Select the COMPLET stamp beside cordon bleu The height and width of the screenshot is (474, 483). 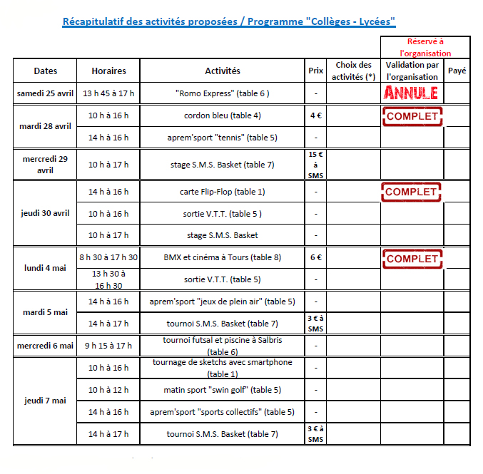pos(412,115)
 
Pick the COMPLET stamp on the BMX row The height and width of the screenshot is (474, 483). pos(412,258)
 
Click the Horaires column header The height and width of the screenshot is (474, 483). pos(108,71)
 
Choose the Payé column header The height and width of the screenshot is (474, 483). pos(457,71)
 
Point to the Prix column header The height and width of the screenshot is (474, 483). pos(315,71)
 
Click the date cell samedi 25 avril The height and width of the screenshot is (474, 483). pos(46,93)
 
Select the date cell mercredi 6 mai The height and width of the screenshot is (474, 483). pos(46,346)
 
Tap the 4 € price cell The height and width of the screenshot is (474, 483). pos(315,115)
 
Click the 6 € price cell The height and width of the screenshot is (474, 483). pos(315,258)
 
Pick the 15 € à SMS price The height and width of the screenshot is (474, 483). pos(315,165)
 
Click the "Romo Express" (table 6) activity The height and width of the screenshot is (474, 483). pos(223,93)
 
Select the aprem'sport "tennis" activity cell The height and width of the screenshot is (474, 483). pos(223,138)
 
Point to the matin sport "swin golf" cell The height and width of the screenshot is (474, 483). pos(223,390)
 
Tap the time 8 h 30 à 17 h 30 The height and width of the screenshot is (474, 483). pos(108,258)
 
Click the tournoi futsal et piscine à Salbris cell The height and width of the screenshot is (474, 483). pos(223,346)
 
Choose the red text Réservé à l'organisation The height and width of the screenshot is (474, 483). pos(425,48)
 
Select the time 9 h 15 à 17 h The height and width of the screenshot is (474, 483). pos(108,346)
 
